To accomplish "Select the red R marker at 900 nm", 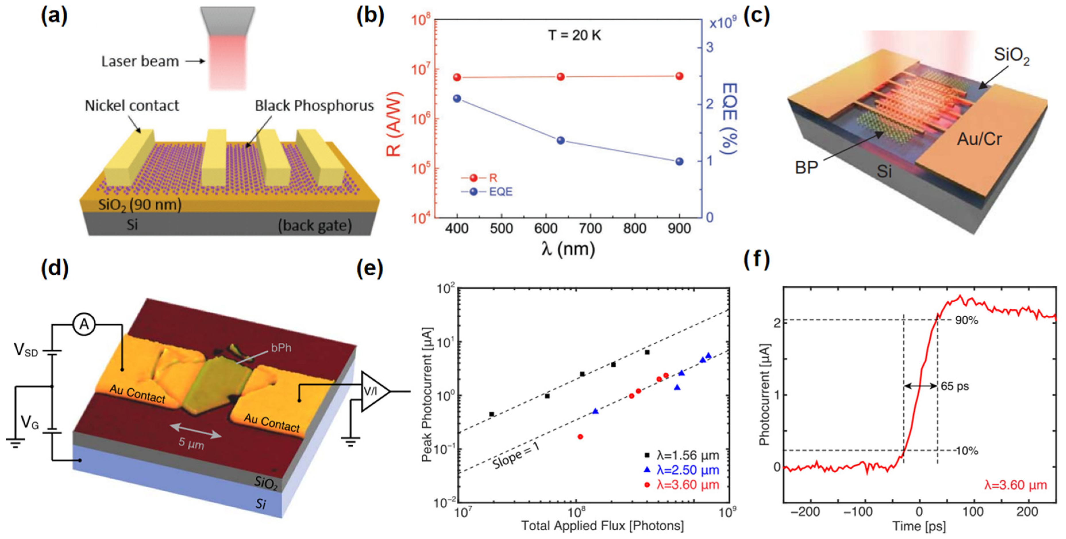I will pyautogui.click(x=679, y=76).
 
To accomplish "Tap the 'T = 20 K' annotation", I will pyautogui.click(x=575, y=36).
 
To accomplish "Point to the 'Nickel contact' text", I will pyautogui.click(x=132, y=106).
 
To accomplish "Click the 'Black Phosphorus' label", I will pyautogui.click(x=314, y=106).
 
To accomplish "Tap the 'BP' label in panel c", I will pyautogui.click(x=806, y=168).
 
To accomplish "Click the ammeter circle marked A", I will pyautogui.click(x=84, y=325).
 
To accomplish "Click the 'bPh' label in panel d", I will pyautogui.click(x=281, y=348).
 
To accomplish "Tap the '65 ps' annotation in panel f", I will pyautogui.click(x=955, y=386).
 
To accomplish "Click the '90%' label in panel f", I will pyautogui.click(x=966, y=321).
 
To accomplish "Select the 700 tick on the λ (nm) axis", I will pyautogui.click(x=590, y=229).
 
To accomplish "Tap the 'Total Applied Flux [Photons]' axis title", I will pyautogui.click(x=602, y=526).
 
